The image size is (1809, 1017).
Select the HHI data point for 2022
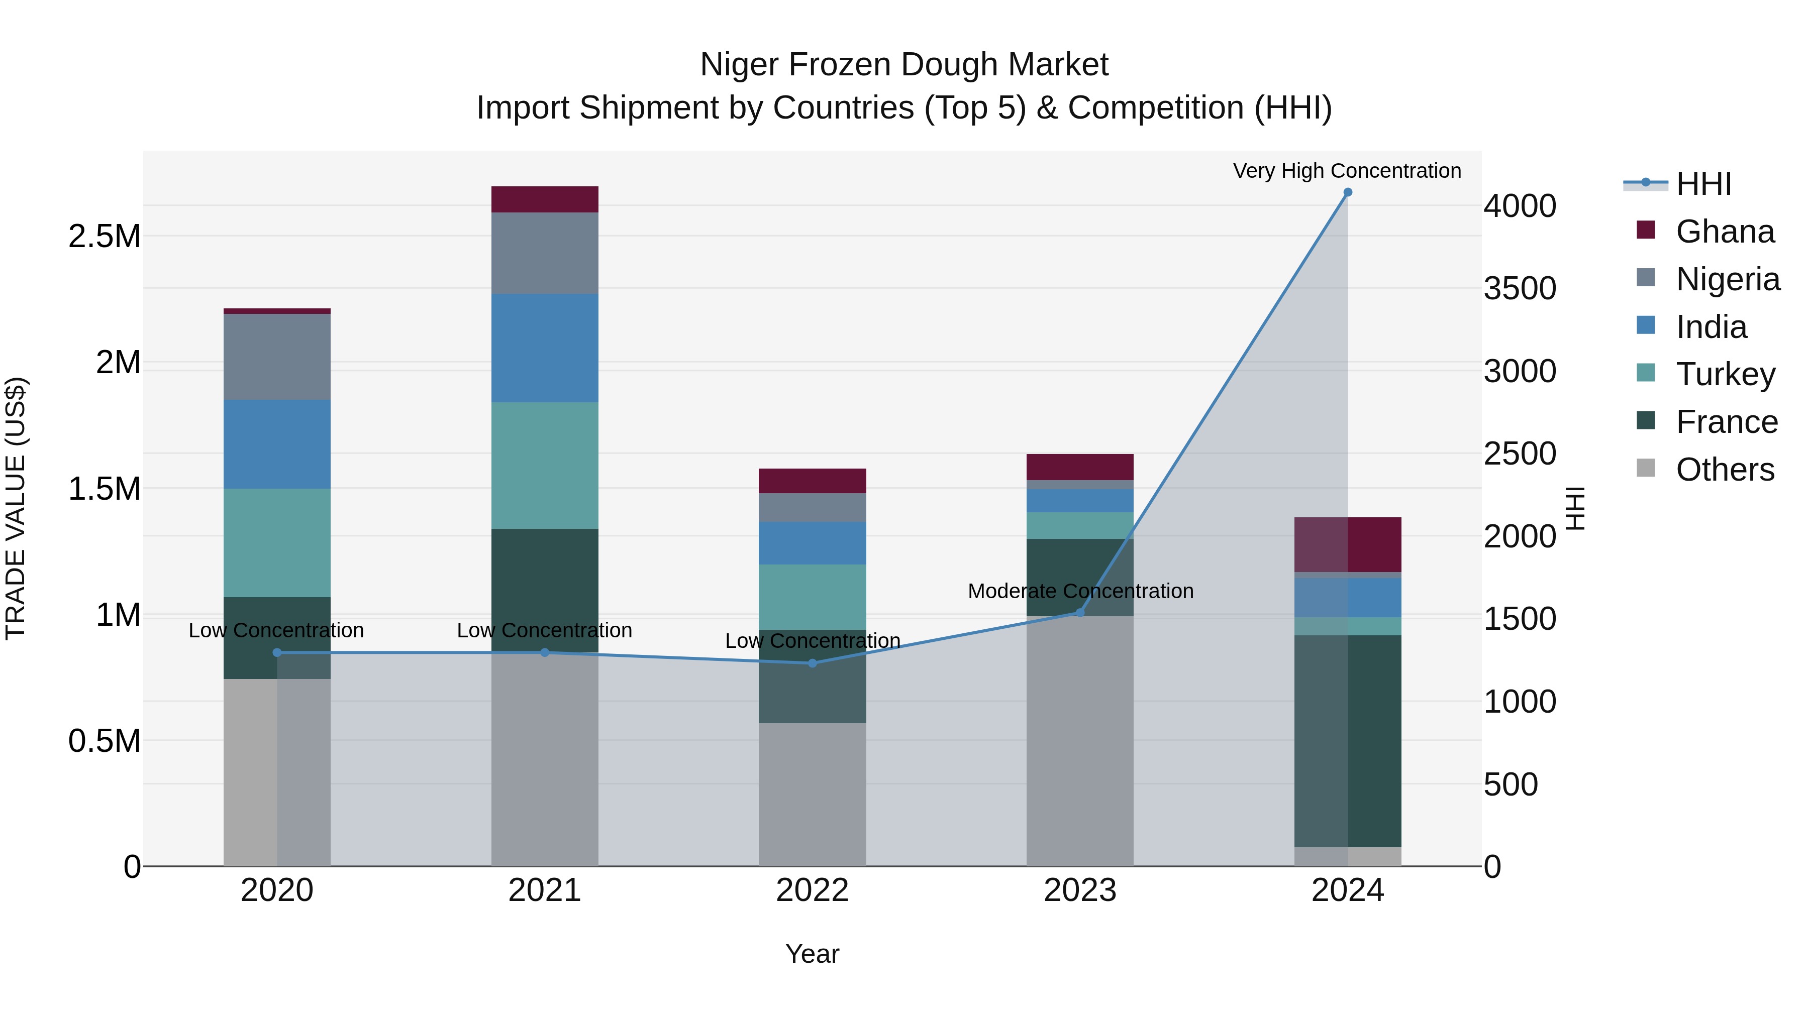point(813,663)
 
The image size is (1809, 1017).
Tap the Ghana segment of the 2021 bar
point(544,199)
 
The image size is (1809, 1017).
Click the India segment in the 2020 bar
point(277,444)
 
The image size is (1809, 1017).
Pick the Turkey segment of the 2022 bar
point(813,597)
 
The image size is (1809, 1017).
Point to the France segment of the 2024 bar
point(1348,740)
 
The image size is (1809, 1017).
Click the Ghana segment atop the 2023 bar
point(1079,467)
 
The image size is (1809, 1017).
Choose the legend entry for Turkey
point(1724,374)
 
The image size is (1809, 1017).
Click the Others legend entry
point(1724,470)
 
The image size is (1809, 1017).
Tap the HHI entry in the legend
point(1703,184)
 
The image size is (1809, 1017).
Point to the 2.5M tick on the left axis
point(104,237)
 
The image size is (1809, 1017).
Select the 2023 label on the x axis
point(1079,890)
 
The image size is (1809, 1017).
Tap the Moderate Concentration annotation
point(1080,591)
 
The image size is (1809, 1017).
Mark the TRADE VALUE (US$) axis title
point(16,508)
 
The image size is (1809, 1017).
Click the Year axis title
point(812,954)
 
